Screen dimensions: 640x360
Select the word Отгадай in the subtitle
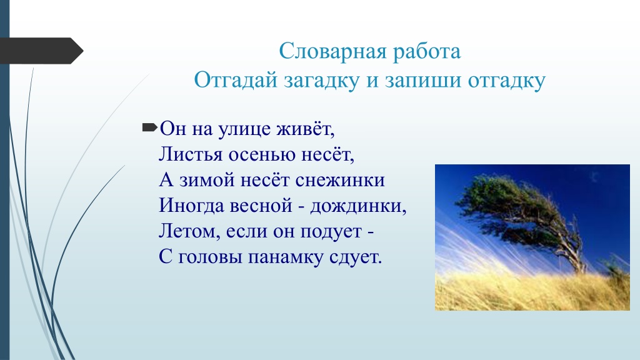[x=235, y=80]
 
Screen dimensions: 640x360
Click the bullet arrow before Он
[x=149, y=127]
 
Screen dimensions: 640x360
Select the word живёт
[x=305, y=129]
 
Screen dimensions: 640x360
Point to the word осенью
[x=262, y=156]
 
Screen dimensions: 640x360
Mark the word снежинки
[x=340, y=181]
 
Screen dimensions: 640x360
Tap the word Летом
[x=189, y=231]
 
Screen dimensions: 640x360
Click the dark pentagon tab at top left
[x=41, y=51]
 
